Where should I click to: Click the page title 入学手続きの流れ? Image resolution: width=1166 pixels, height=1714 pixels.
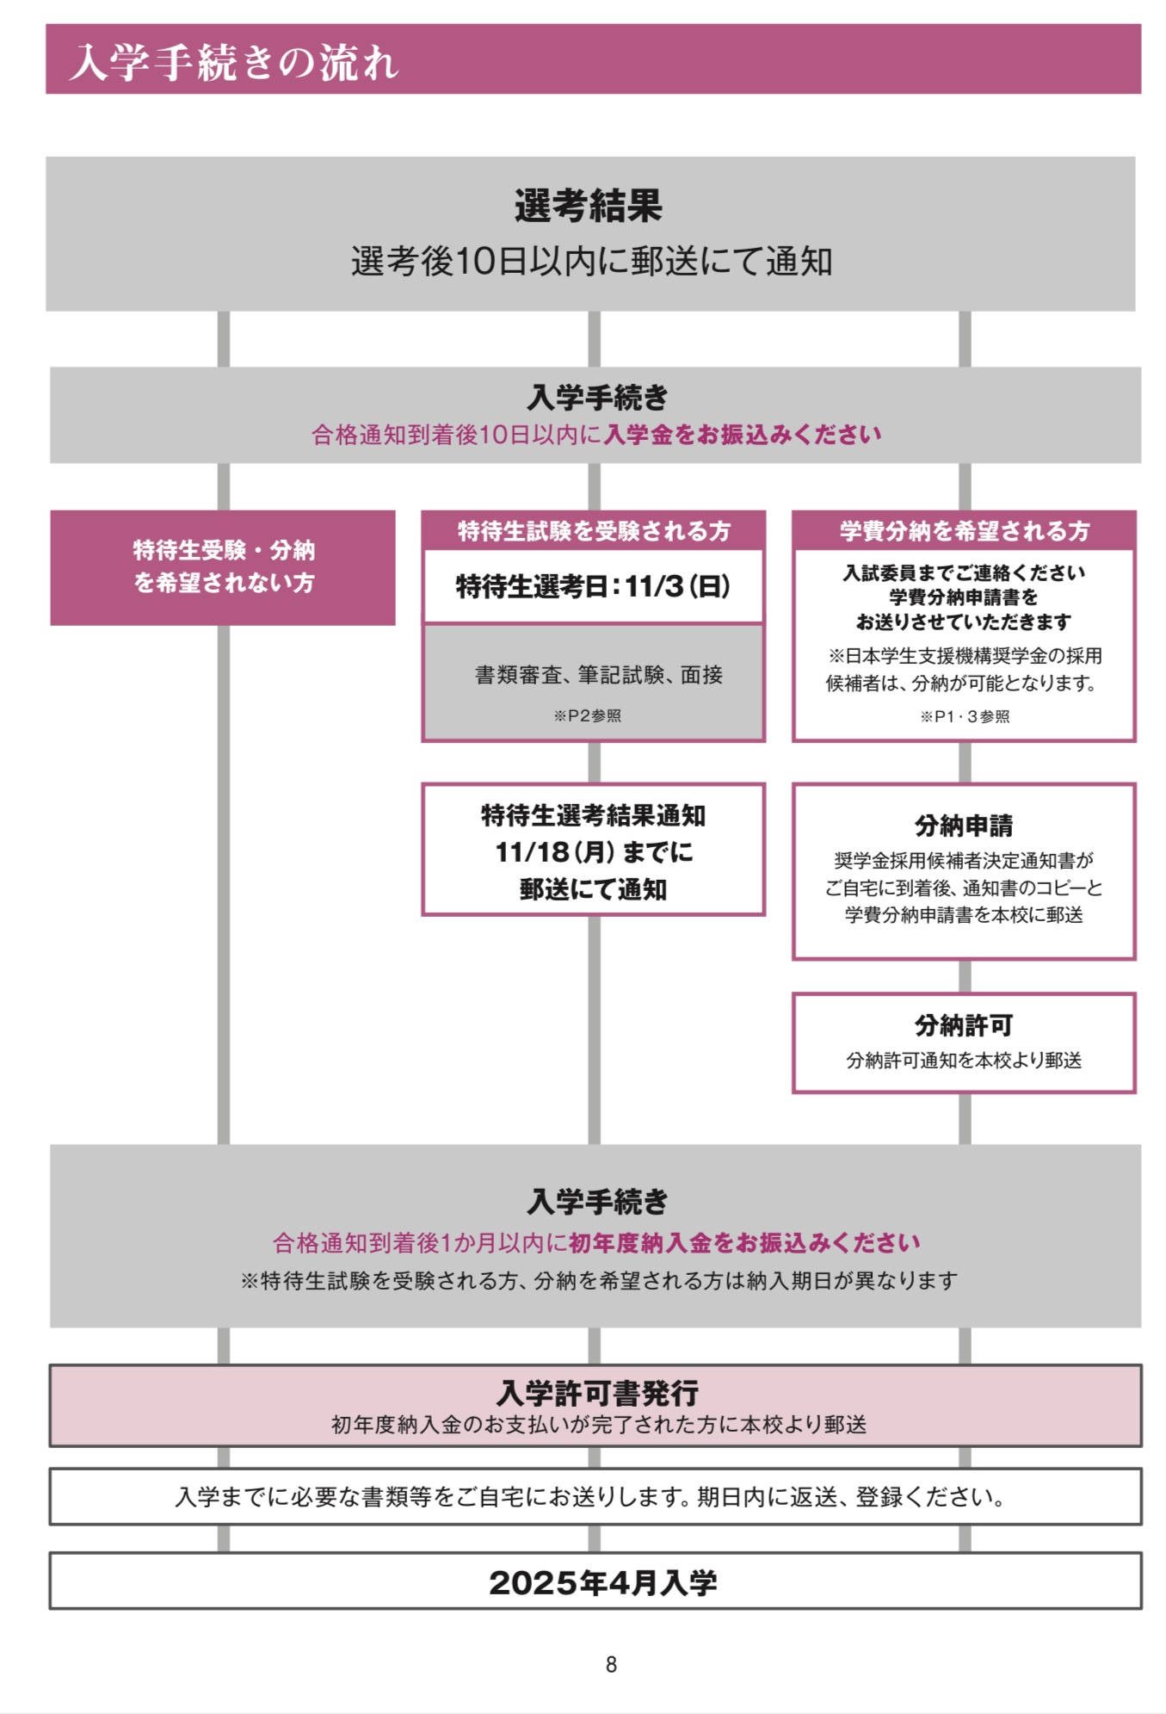tap(234, 62)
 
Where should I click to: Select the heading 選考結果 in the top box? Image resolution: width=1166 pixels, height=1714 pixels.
tap(589, 206)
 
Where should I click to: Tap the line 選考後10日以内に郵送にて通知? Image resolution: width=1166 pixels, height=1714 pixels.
tap(591, 261)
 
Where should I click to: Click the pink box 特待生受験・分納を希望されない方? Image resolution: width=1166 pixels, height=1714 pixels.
tap(223, 566)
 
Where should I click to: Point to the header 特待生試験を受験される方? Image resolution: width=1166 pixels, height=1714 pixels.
tap(593, 531)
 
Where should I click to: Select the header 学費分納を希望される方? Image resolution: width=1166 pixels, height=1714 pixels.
tap(964, 531)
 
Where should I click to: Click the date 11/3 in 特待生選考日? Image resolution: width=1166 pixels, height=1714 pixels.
tap(654, 587)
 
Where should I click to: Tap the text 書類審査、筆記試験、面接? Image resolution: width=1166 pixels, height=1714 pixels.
tap(598, 675)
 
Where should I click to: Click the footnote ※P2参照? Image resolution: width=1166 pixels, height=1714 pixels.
tap(588, 716)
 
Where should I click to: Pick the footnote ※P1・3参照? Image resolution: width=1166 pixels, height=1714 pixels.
tap(965, 716)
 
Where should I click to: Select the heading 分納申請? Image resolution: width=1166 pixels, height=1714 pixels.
tap(964, 826)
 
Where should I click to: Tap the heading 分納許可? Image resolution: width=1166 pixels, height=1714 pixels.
tap(964, 1025)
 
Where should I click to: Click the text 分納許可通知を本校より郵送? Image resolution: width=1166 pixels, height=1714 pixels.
tap(964, 1061)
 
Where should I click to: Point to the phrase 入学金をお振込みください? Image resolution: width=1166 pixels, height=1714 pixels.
tap(743, 434)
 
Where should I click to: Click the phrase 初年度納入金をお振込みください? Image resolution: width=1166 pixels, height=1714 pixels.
tap(745, 1242)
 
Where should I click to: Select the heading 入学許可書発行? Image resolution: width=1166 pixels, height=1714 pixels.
tap(597, 1393)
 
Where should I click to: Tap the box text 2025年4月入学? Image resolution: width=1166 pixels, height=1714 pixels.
tap(602, 1582)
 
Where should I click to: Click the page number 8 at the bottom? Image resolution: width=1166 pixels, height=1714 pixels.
tap(611, 1664)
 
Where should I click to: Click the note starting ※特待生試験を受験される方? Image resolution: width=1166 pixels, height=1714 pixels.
tap(598, 1281)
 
